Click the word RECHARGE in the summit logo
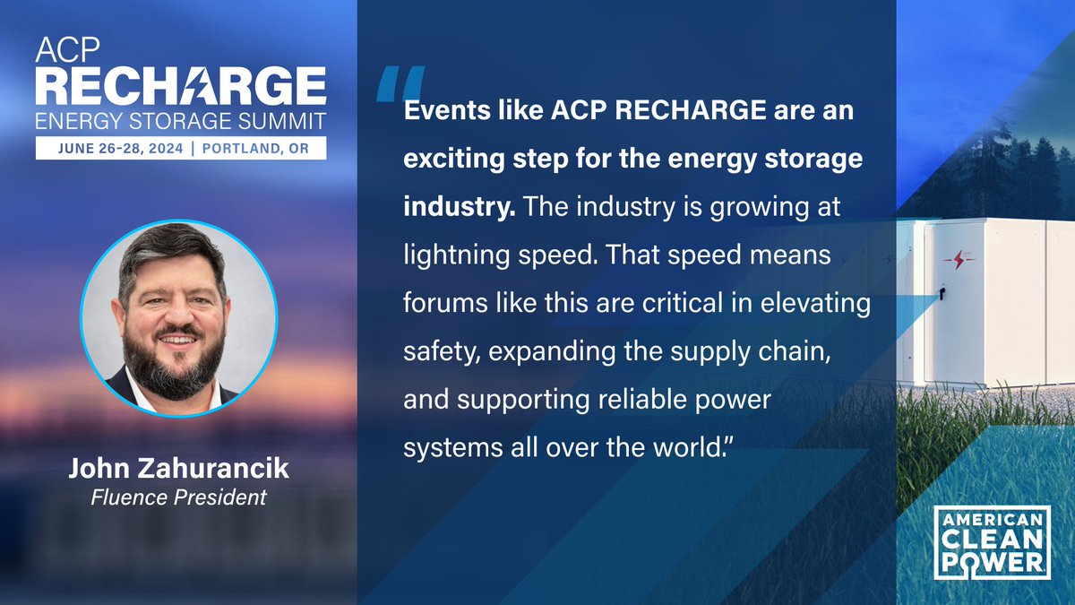click(x=181, y=86)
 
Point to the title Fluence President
click(x=178, y=497)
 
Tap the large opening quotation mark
click(x=399, y=82)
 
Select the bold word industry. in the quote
click(x=459, y=207)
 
